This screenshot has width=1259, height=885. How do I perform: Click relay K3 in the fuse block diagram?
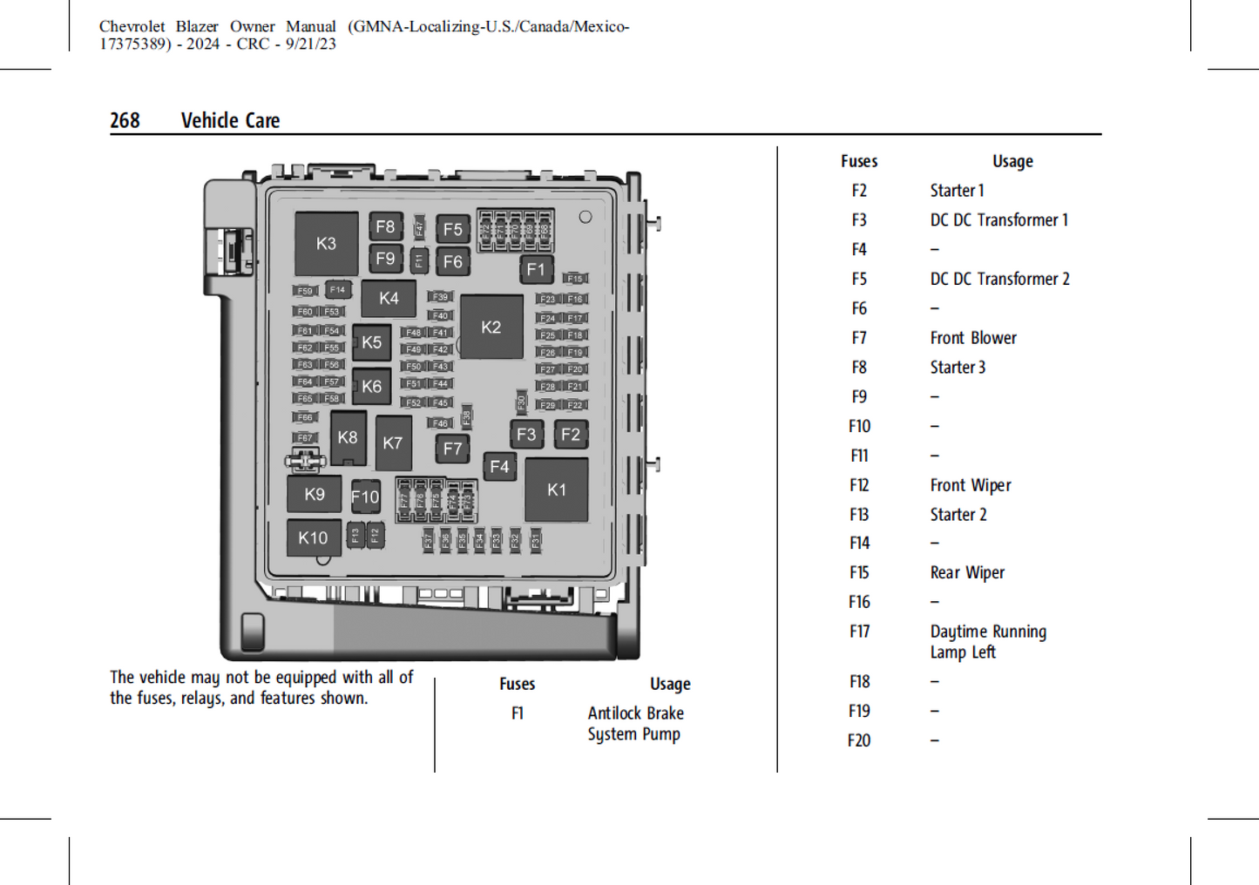(x=326, y=244)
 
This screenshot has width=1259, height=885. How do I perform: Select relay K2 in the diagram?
(x=491, y=328)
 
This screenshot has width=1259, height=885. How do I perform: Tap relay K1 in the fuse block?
(x=556, y=490)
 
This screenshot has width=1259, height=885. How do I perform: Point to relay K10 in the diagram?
(x=314, y=538)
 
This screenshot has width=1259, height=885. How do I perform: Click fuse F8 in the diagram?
(x=385, y=227)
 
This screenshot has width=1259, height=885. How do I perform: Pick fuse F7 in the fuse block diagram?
(x=452, y=449)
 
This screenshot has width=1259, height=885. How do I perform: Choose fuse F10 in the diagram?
(x=365, y=497)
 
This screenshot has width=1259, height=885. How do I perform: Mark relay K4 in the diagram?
(x=389, y=299)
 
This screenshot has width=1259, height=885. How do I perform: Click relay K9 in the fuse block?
(x=315, y=495)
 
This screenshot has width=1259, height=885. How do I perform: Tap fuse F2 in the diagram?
(x=571, y=435)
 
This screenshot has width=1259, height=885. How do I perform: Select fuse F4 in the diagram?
(x=499, y=467)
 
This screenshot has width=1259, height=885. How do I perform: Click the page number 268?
(x=125, y=120)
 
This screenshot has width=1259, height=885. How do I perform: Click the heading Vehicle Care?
(x=230, y=120)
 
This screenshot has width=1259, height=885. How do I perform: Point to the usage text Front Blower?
(x=972, y=338)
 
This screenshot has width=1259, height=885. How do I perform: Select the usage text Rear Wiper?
(x=967, y=572)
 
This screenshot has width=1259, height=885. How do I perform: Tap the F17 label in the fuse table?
(x=859, y=632)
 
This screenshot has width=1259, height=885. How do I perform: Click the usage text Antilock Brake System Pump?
(x=635, y=724)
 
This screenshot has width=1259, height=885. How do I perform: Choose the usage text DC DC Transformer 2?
(x=999, y=279)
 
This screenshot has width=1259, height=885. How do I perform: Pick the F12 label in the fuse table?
(x=859, y=485)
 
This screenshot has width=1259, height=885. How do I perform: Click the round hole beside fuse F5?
(x=586, y=217)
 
